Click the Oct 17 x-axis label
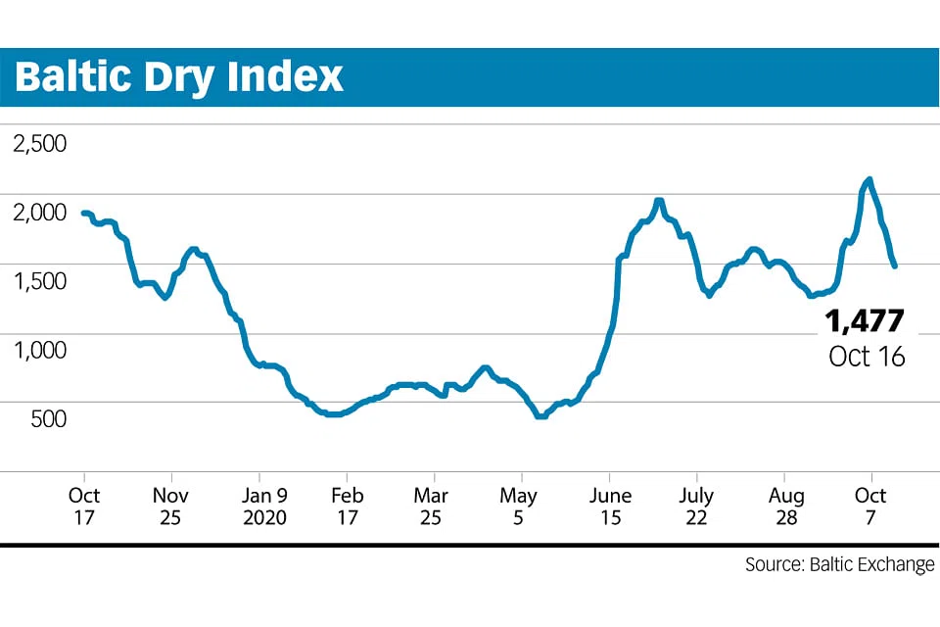point(84,506)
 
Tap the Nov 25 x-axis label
point(170,506)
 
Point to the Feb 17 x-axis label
point(346,506)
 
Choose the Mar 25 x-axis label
point(431,506)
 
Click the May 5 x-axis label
point(520,506)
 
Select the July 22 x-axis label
point(696,506)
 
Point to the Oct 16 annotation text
point(867,356)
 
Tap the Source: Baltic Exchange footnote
point(839,565)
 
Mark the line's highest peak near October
point(869,179)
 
